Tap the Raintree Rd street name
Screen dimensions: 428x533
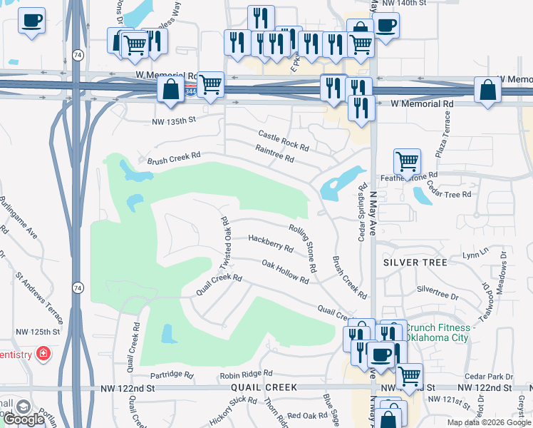point(274,153)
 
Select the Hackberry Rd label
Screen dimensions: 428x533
point(270,243)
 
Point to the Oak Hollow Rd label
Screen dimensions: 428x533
point(284,272)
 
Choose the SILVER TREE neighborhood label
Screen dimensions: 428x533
point(415,263)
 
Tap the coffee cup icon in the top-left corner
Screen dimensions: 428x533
point(31,21)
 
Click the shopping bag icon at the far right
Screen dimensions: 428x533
point(487,91)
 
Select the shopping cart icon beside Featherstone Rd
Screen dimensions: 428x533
point(406,162)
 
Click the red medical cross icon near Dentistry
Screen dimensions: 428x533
point(43,353)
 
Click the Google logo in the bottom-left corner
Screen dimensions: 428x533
point(24,419)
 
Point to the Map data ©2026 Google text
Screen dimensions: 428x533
point(489,422)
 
